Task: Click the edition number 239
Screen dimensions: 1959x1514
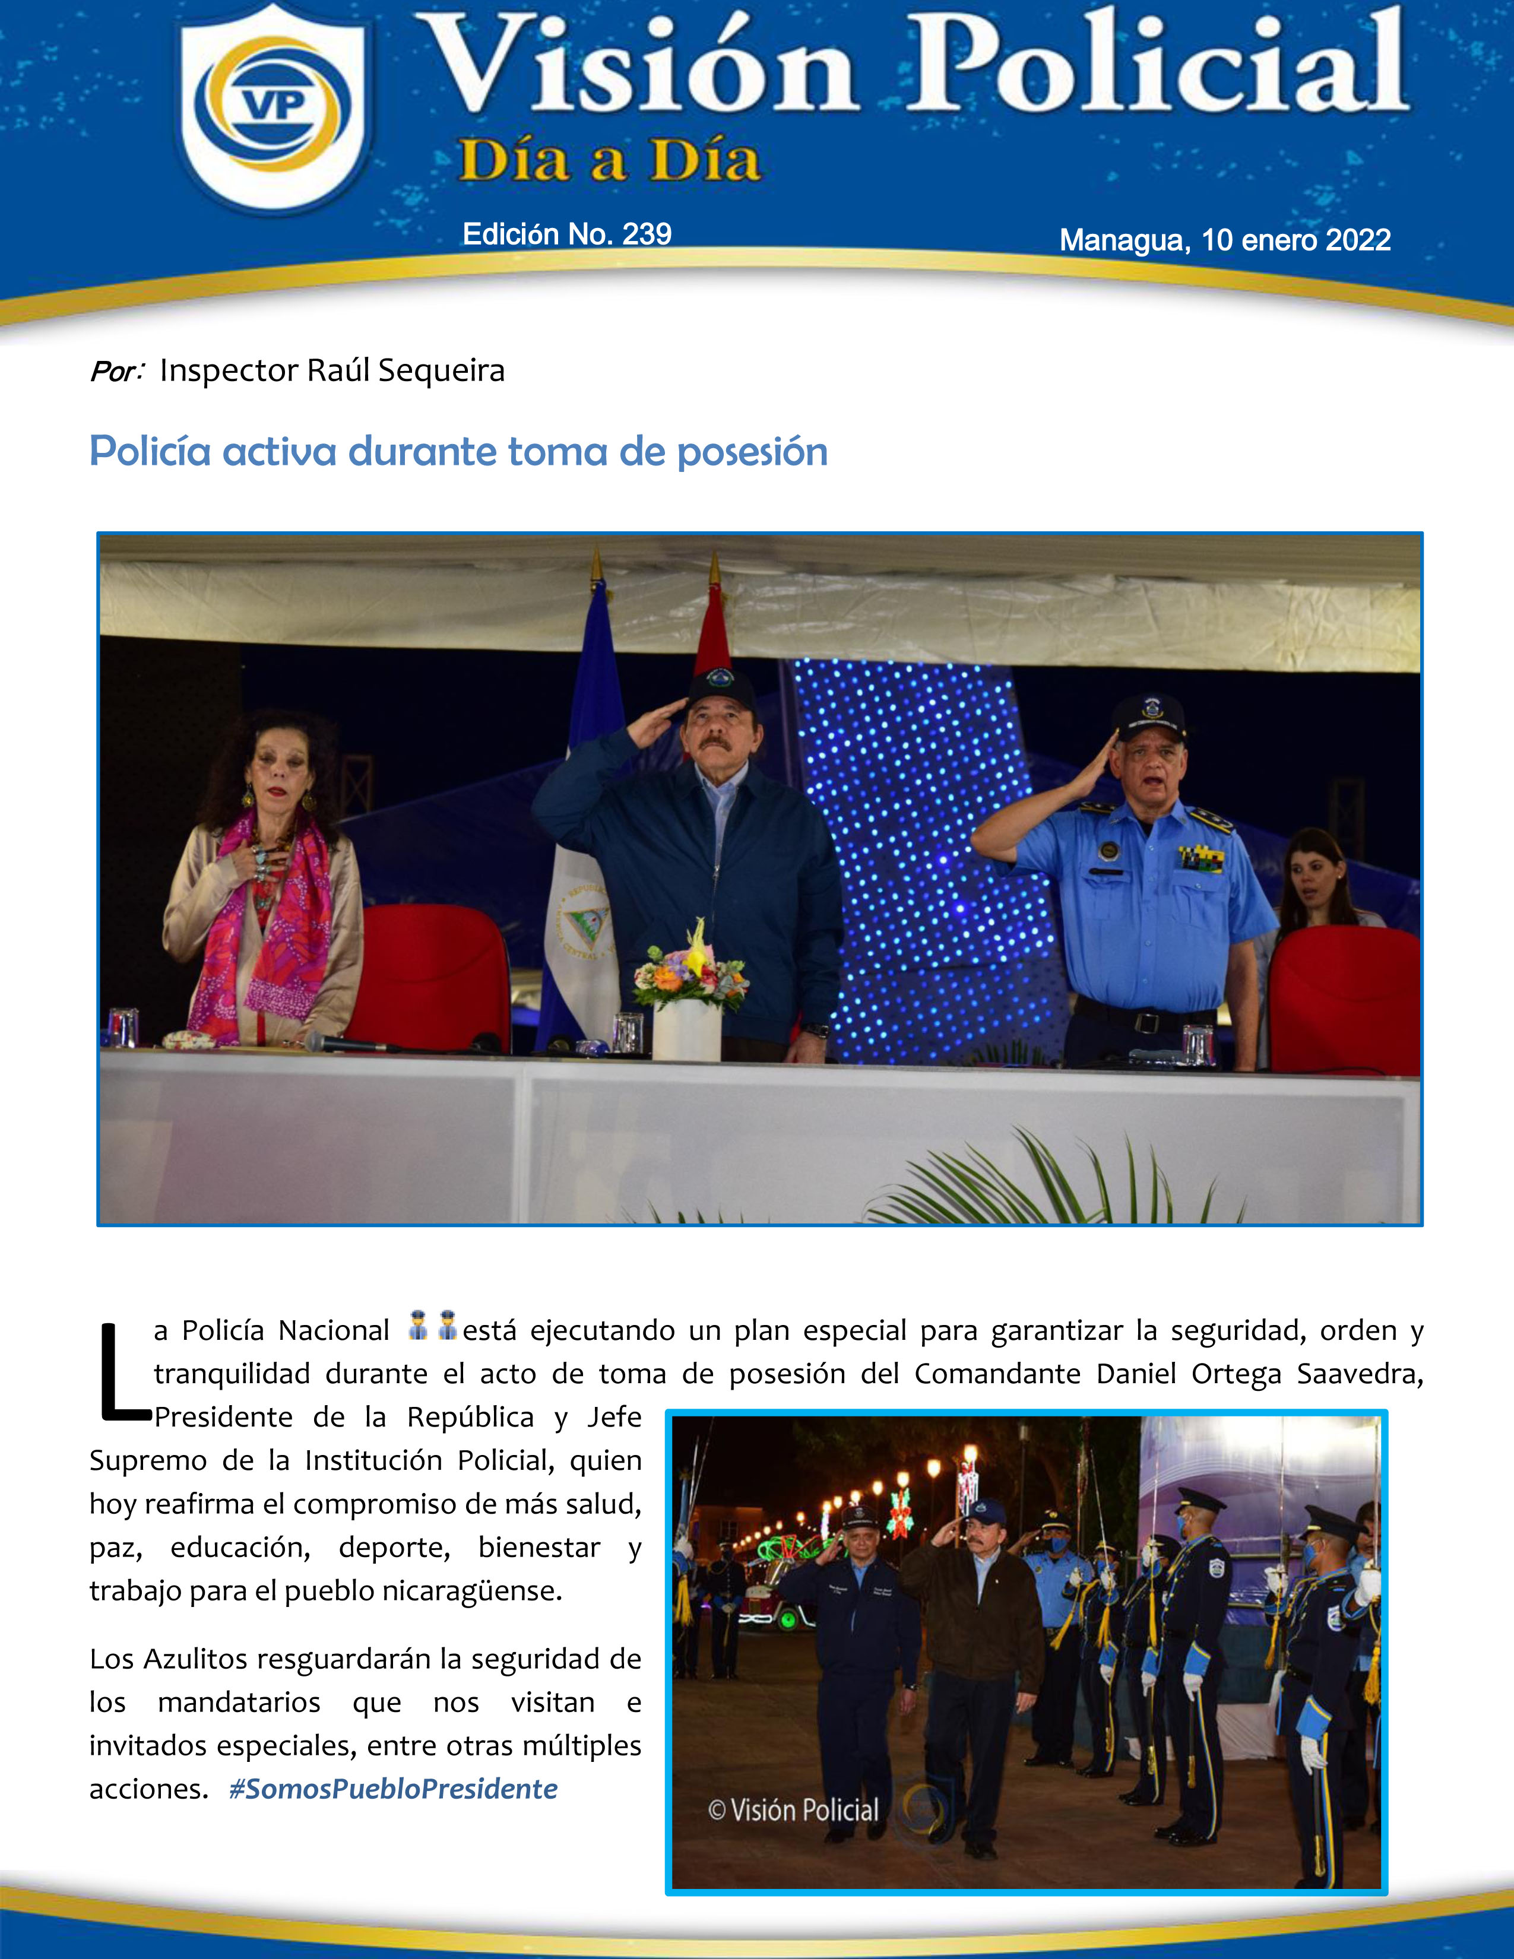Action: (x=647, y=234)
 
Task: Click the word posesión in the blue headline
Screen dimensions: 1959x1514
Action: (x=752, y=451)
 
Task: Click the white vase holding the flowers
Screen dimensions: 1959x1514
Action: (x=686, y=1030)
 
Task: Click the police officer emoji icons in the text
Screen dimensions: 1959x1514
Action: (x=432, y=1326)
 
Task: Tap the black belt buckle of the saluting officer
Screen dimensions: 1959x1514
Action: (x=1145, y=1022)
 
